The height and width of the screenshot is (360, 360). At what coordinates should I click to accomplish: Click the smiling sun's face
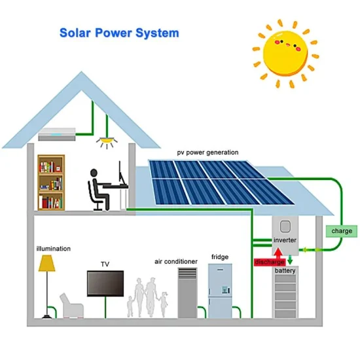point(285,54)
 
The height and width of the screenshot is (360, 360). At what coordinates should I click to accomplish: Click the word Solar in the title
point(75,33)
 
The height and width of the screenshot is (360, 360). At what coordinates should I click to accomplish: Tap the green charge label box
point(342,231)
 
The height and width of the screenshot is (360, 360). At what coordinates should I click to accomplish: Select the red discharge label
point(270,262)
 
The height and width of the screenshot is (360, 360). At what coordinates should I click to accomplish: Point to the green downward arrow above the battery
point(290,260)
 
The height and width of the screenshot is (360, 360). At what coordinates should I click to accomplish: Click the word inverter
point(285,240)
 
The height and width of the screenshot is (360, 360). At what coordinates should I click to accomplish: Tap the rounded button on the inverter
point(285,227)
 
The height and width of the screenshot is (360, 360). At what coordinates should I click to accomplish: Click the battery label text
point(285,270)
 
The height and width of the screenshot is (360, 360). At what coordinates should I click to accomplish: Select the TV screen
point(105,283)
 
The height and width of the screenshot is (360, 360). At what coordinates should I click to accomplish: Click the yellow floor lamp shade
point(47,263)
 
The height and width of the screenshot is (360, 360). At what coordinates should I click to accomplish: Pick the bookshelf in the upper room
point(51,183)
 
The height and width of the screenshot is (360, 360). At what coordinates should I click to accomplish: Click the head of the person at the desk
point(94,173)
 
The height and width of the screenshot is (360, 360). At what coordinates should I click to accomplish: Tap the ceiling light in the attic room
point(107,140)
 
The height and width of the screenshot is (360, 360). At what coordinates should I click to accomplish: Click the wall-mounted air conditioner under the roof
point(57,134)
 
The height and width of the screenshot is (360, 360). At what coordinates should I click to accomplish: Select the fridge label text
point(220,257)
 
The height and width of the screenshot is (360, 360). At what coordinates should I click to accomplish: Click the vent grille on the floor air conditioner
point(188,274)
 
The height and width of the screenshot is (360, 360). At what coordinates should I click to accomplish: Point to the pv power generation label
point(207,153)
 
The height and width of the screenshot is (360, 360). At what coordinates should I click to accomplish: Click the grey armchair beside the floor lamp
point(72,306)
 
